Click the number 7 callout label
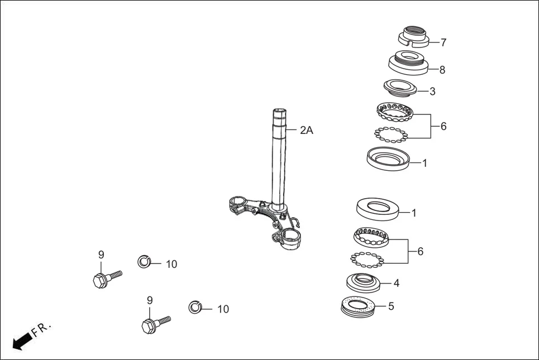pos(443,42)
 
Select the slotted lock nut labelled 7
pos(414,36)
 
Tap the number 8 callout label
pos(442,70)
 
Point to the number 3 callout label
pos(432,92)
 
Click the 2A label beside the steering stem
pos(306,130)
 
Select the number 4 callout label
pos(397,283)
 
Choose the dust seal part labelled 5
pos(357,307)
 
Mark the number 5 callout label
pos(391,306)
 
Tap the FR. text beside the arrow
pos(41,329)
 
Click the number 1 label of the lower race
pos(414,213)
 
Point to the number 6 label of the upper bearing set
pos(443,126)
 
